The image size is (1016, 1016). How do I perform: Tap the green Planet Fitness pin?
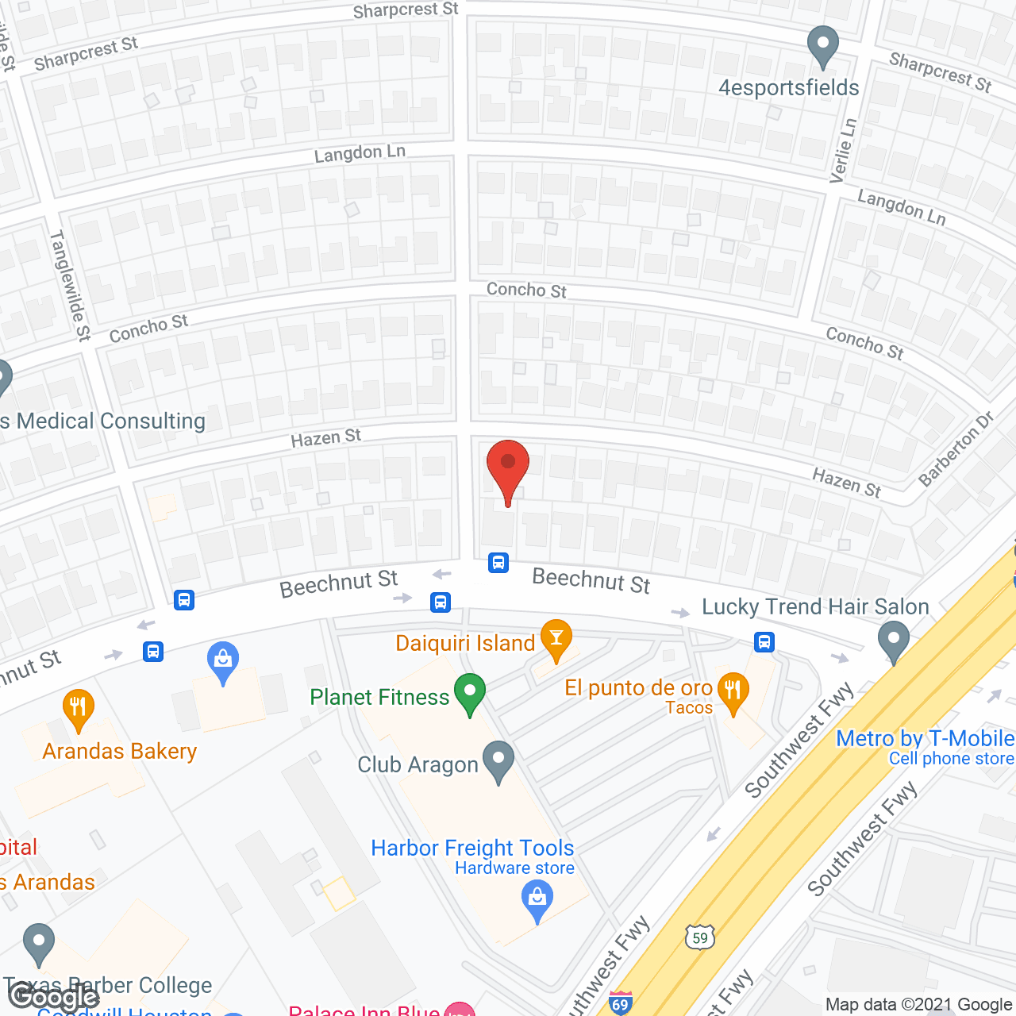[x=470, y=692]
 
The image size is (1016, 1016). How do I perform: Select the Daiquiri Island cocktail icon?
[x=556, y=638]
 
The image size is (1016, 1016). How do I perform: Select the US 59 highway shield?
[x=699, y=937]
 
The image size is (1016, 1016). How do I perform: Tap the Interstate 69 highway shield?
[x=621, y=1003]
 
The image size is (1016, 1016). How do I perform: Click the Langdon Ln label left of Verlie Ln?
[x=360, y=152]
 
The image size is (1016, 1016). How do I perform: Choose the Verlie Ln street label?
[x=844, y=151]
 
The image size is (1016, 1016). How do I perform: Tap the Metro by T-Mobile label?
[x=925, y=738]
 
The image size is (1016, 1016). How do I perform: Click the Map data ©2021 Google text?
[x=919, y=1005]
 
